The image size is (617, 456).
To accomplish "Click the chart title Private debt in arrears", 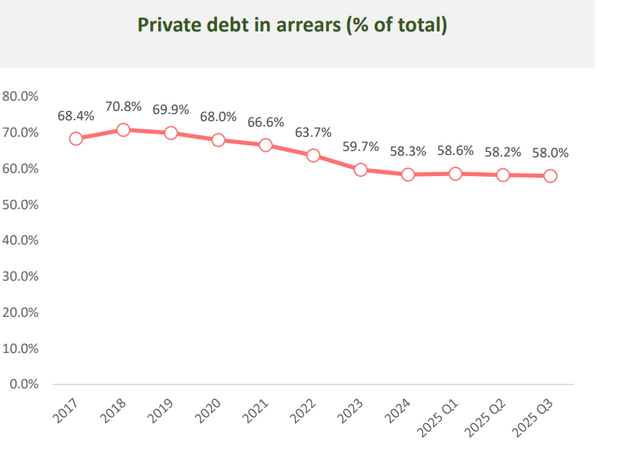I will (x=293, y=25).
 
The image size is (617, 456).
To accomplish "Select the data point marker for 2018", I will (x=123, y=130).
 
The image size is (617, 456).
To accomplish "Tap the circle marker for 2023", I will (x=360, y=169).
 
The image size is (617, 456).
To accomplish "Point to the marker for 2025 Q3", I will (x=550, y=175).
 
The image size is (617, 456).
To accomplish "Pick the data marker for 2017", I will (x=76, y=138).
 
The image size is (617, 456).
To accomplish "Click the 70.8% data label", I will (x=123, y=106).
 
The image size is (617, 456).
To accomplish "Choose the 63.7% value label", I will (x=313, y=131).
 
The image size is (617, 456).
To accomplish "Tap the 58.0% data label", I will (x=550, y=153).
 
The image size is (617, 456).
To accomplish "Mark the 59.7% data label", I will (x=360, y=146).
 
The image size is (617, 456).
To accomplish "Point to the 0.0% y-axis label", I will (x=24, y=384).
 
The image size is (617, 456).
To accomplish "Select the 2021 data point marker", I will (x=265, y=145).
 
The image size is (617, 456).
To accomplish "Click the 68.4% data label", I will (x=76, y=116).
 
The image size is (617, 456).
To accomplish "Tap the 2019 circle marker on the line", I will (x=171, y=133).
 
